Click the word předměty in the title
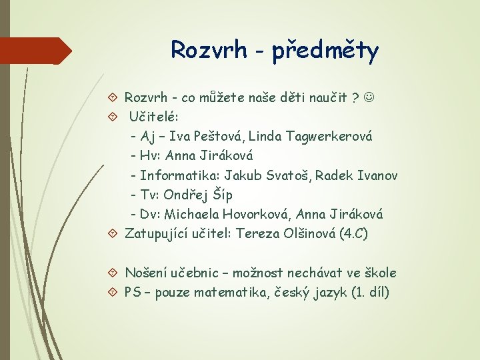tap(325, 50)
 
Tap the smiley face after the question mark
tap(371, 97)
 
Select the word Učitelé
tap(151, 117)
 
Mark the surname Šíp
tap(224, 195)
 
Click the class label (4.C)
tap(353, 234)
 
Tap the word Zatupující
tap(157, 234)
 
